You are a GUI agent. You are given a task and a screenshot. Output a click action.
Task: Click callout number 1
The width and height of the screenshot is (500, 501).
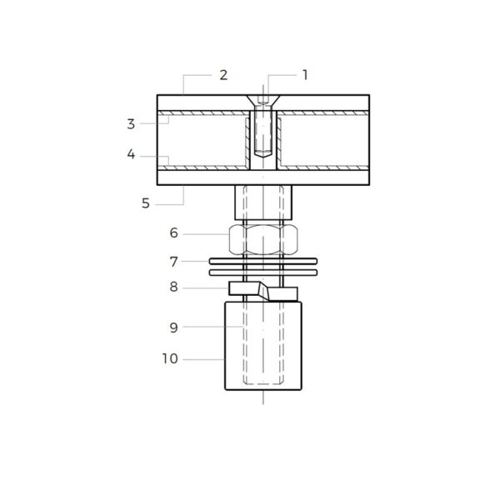305,75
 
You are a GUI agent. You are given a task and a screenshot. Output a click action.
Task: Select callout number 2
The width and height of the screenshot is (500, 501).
223,75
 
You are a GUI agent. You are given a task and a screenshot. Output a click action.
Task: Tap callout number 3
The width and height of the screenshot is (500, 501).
131,124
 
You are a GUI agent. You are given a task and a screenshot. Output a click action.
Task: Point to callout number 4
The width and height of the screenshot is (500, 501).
131,154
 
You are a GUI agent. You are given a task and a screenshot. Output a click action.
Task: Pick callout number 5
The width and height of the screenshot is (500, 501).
147,202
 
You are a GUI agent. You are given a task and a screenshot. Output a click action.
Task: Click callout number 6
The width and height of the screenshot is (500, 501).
173,233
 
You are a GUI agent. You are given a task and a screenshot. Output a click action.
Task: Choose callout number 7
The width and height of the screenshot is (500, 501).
173,261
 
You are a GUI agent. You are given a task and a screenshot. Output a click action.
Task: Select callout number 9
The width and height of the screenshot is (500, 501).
173,328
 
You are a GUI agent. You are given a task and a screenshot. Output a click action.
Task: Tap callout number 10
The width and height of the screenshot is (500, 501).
170,359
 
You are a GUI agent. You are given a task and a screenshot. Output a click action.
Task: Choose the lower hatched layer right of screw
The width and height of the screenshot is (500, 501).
325,167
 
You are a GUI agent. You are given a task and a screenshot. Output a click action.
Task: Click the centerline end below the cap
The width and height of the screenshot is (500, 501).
263,402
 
